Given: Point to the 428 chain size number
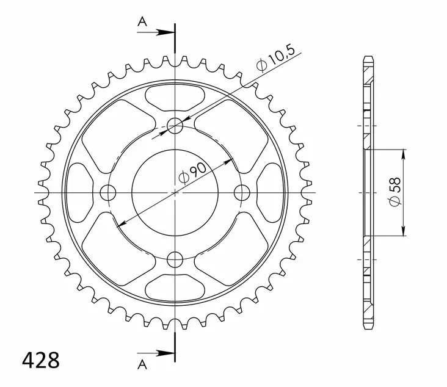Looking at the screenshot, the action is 41,361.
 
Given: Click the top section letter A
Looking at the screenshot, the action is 142,21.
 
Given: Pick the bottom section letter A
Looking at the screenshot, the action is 142,364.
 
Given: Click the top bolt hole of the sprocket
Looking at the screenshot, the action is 175,125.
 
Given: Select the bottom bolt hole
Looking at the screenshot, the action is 175,259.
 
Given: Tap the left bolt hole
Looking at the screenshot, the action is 108,193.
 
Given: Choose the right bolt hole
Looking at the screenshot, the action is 242,193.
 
